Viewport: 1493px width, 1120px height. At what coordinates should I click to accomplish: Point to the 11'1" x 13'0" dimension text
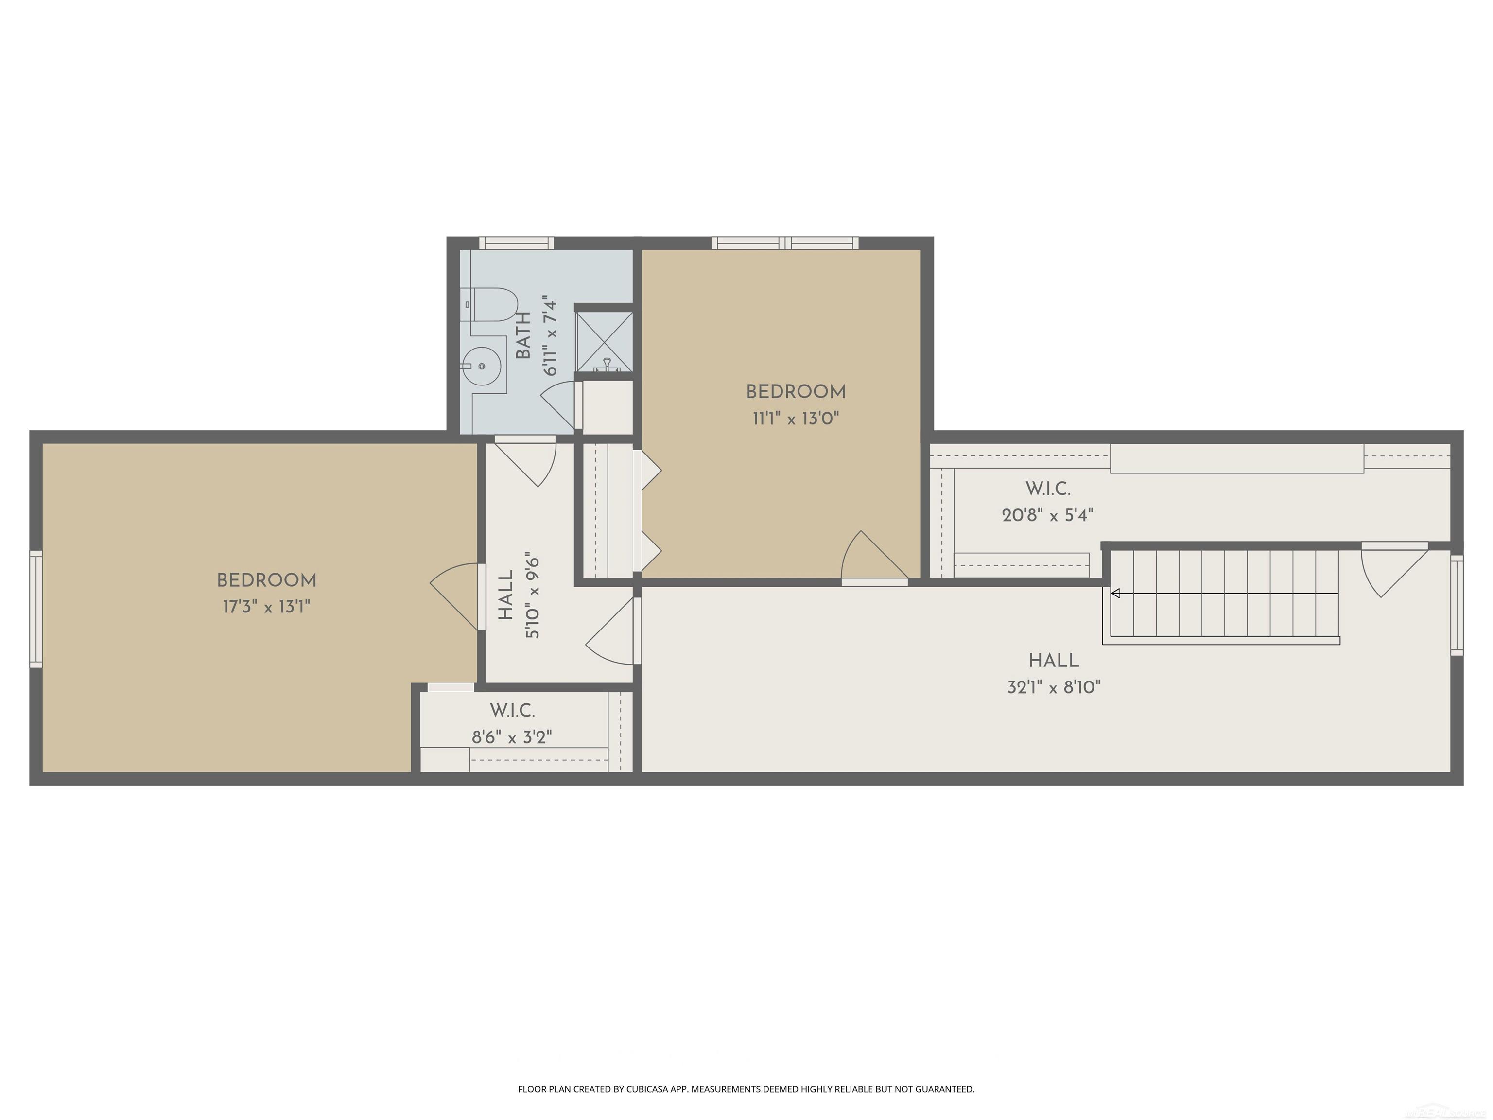[x=796, y=419]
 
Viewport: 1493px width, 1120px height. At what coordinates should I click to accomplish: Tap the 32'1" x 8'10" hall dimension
[x=1054, y=687]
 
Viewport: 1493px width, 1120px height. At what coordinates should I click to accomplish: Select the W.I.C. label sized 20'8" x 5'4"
[x=1047, y=489]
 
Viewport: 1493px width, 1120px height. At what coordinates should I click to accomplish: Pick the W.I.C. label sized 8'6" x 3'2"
[x=512, y=710]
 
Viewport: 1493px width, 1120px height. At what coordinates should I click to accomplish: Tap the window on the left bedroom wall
[x=36, y=609]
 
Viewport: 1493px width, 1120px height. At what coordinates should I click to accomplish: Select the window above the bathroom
[x=516, y=243]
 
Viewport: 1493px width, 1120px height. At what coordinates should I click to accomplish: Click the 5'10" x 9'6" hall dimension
[x=533, y=595]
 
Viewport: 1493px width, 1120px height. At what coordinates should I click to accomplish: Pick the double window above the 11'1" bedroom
[x=785, y=243]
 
